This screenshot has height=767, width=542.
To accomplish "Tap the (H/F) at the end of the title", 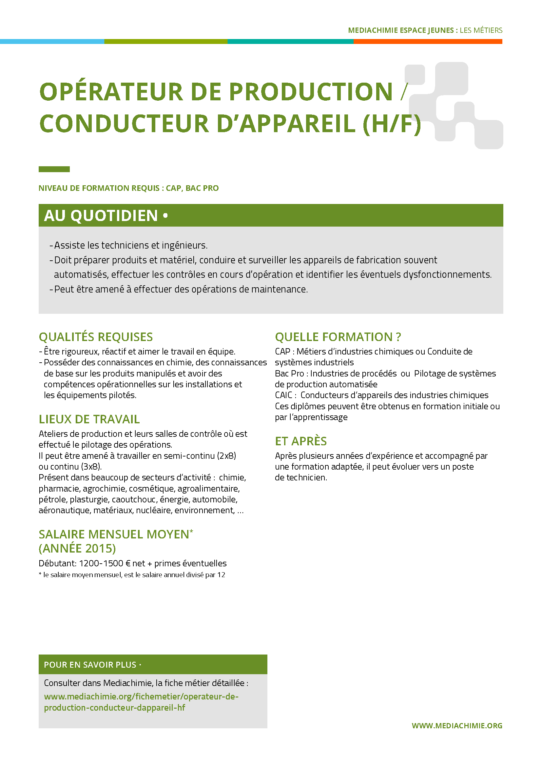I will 392,124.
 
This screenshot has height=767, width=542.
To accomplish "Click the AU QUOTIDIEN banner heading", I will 101,215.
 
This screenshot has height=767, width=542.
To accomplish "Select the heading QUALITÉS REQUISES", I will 96,337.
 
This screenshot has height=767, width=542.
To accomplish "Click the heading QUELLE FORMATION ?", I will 338,337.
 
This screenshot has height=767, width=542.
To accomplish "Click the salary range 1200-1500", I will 101,563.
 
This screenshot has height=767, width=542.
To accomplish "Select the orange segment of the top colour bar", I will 428,41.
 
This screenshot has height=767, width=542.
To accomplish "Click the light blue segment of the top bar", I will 52,41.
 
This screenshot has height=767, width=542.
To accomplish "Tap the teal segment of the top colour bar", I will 290,41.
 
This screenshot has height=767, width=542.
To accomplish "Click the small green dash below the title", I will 54,169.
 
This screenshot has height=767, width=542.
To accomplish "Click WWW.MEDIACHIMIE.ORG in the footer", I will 456,726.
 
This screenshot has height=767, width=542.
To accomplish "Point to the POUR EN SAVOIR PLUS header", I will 90,665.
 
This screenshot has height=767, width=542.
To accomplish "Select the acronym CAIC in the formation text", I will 284,395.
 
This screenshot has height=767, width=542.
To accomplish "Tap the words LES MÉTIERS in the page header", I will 481,30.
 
